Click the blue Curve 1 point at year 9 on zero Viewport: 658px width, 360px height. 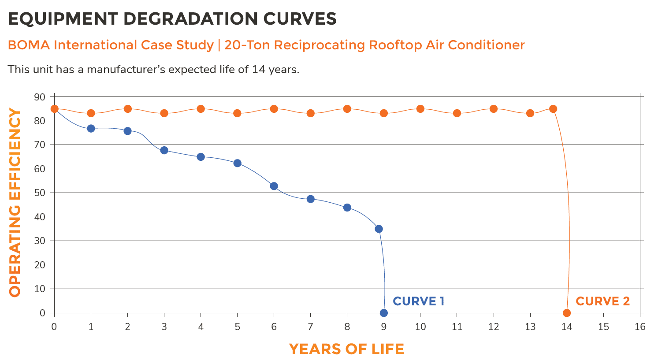pos(383,313)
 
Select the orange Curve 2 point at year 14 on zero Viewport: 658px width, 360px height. pos(567,313)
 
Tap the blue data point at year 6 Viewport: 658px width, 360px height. pos(274,186)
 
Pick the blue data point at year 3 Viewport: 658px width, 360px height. pos(164,150)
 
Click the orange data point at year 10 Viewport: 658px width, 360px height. pos(420,109)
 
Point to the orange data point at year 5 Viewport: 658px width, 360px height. pos(237,113)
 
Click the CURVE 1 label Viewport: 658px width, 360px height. pos(418,301)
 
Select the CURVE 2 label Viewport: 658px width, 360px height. pos(602,301)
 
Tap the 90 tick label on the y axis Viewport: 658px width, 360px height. pos(40,97)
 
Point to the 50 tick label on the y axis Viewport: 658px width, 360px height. pos(40,193)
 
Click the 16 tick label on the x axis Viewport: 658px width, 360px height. pos(640,327)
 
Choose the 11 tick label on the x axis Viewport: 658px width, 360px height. pos(457,327)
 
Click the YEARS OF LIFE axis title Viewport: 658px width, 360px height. pos(346,349)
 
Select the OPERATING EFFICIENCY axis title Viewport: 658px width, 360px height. pos(15,203)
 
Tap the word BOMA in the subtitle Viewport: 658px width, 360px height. pos(28,45)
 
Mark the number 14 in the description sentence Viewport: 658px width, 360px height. pos(258,70)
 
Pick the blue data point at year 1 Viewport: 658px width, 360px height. pos(91,128)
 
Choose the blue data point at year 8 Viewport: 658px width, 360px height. pos(347,208)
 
